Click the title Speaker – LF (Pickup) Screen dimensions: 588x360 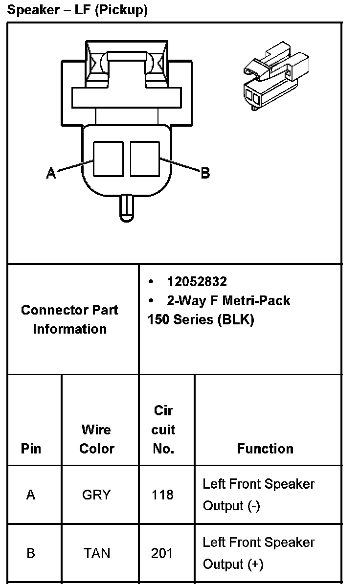(77, 10)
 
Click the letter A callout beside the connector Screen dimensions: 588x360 (51, 173)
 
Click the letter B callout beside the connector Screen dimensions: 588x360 (205, 173)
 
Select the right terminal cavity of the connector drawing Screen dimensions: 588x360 (145, 158)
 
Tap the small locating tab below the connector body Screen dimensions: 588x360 (126, 207)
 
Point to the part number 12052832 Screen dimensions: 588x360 (197, 282)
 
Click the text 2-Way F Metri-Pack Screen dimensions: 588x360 (228, 300)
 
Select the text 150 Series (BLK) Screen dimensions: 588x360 (201, 319)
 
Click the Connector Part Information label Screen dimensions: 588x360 (69, 319)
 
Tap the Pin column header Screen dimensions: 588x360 (31, 449)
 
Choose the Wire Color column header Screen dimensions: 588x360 (96, 439)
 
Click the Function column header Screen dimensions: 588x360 (265, 449)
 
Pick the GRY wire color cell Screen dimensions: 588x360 (96, 495)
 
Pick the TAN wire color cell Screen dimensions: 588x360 (96, 553)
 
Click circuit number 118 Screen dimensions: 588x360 (162, 495)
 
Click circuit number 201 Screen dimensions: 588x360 (162, 553)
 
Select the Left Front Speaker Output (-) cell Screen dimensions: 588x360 (258, 495)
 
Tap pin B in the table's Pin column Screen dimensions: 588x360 (31, 553)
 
